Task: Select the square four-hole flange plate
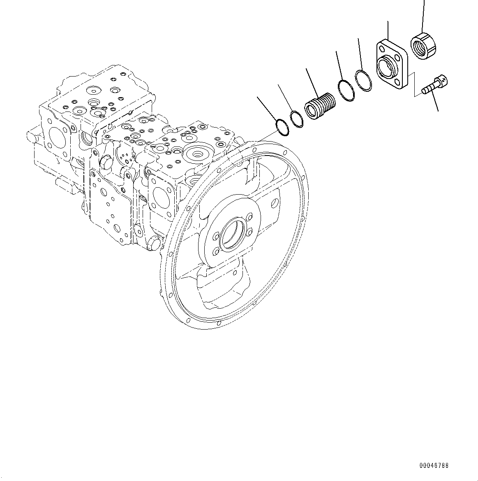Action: [x=391, y=64]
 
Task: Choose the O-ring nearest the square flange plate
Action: [x=363, y=81]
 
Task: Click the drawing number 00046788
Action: [x=434, y=465]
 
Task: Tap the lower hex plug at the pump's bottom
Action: [x=153, y=243]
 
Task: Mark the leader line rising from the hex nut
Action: [x=423, y=16]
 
